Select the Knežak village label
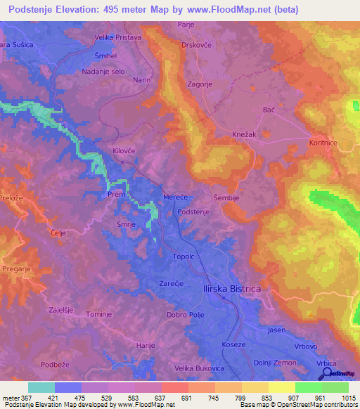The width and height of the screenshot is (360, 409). pos(246,134)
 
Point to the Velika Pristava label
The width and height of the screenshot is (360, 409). pos(118,37)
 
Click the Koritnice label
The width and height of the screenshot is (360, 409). pos(326,141)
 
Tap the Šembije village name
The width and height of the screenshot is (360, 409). pos(227,198)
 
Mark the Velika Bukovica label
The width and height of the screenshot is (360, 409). pos(203,368)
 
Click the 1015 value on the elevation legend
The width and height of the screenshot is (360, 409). pos(347,397)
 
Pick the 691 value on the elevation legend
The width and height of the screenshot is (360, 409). pos(188,397)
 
